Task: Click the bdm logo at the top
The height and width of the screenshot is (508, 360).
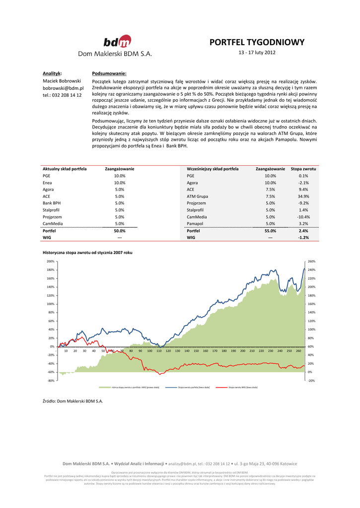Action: [117, 41]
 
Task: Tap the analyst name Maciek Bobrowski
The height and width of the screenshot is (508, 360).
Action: [62, 81]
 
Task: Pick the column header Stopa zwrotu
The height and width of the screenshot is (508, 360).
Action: [303, 169]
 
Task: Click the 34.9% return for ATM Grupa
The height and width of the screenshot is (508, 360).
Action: [303, 196]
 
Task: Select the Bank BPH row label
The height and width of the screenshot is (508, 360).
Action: [52, 203]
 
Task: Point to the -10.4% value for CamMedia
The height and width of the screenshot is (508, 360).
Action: [303, 217]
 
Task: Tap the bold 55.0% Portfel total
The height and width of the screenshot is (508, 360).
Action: [270, 231]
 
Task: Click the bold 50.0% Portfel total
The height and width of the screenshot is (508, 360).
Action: [120, 231]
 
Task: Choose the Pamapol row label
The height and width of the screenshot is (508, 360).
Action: [195, 224]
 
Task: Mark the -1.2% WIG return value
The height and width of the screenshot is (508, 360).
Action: [303, 238]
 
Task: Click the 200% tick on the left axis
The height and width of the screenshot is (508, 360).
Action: [50, 261]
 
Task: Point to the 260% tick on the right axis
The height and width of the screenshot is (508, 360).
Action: [312, 261]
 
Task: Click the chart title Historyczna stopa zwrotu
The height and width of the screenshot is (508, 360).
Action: [87, 253]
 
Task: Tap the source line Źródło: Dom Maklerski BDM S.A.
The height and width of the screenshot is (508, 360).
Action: [73, 400]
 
